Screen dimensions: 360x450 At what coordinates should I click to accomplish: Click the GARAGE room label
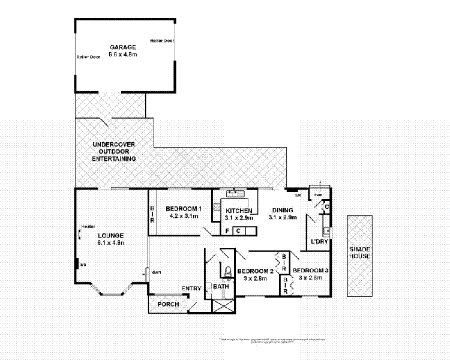[x=122, y=47]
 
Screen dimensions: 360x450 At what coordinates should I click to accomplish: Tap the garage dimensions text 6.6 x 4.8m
[x=122, y=55]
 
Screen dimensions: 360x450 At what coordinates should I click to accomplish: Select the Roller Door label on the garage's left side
[x=87, y=57]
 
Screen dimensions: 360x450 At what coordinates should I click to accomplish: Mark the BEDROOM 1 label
[x=184, y=208]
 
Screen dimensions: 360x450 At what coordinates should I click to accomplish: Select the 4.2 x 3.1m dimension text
[x=184, y=215]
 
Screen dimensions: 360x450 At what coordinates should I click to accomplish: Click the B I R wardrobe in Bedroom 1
[x=152, y=213]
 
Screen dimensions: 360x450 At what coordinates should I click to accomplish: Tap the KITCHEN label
[x=238, y=211]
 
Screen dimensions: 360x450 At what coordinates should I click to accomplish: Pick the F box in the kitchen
[x=227, y=230]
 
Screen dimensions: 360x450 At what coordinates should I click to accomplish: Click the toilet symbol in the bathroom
[x=227, y=271]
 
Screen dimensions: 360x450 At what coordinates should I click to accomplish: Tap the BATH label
[x=221, y=287]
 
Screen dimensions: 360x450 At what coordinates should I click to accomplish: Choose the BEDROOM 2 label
[x=255, y=271]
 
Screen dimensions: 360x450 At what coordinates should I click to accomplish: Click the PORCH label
[x=167, y=304]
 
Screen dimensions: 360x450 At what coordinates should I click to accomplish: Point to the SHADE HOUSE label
[x=361, y=253]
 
